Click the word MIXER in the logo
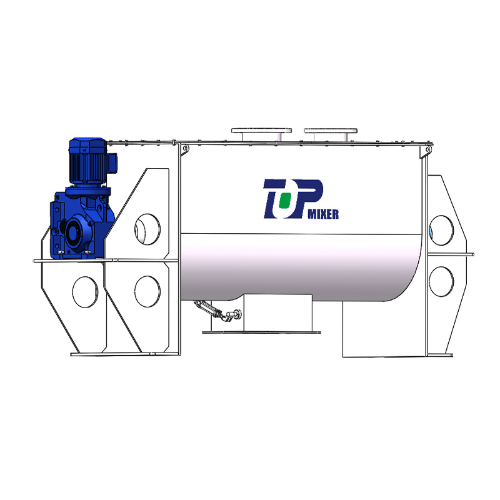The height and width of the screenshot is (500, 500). click(x=322, y=214)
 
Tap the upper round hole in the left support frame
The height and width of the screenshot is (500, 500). click(x=147, y=229)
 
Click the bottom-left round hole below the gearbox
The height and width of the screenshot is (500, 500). click(x=85, y=292)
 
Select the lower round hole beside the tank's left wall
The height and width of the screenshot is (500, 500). click(x=147, y=291)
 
